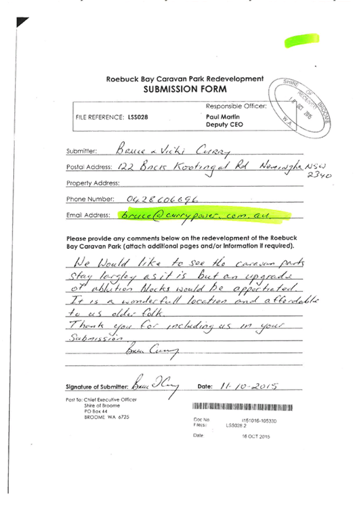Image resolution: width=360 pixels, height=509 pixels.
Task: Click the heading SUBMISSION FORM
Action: pyautogui.click(x=177, y=89)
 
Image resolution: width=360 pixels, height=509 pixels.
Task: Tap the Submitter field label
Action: pyautogui.click(x=81, y=151)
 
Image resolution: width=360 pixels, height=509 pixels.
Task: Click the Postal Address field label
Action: pyautogui.click(x=89, y=167)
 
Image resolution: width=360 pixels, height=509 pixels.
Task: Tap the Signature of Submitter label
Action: pyautogui.click(x=97, y=386)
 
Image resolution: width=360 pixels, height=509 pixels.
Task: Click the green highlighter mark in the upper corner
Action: pyautogui.click(x=301, y=40)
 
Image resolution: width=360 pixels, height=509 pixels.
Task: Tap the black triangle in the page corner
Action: pyautogui.click(x=22, y=22)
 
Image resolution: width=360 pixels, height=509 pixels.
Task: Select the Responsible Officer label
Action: pyautogui.click(x=235, y=105)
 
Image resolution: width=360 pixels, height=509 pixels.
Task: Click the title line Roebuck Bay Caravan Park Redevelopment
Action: pyautogui.click(x=184, y=79)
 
